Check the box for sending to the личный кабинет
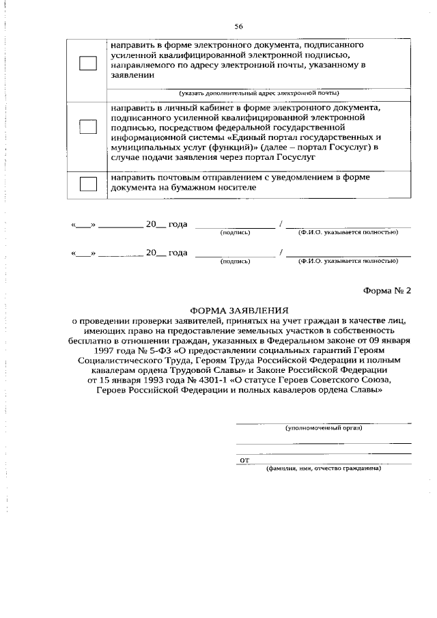88,126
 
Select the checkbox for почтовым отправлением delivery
88,182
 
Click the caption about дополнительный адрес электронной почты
259,93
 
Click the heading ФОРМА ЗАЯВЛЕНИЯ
239,309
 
